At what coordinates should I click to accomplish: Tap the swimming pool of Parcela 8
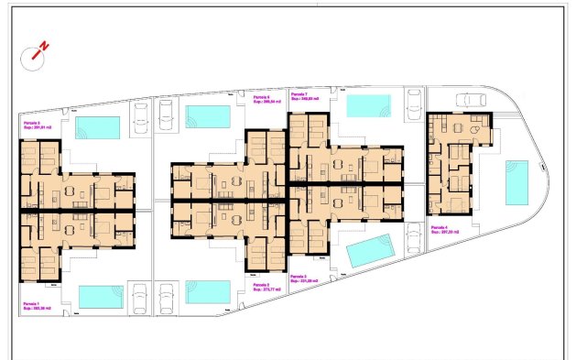pos(97,126)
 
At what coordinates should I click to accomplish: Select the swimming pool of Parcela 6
pos(209,116)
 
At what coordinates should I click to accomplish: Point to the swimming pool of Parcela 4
pos(517,182)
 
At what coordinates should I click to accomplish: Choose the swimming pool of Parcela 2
pos(209,291)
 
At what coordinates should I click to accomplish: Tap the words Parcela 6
pos(260,97)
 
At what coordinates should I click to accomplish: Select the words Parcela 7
pos(299,93)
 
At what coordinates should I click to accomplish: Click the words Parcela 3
pos(298,276)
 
